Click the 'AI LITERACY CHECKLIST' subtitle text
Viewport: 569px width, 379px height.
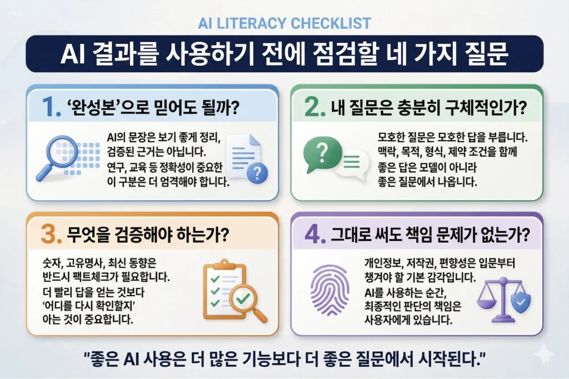(x=284, y=23)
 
